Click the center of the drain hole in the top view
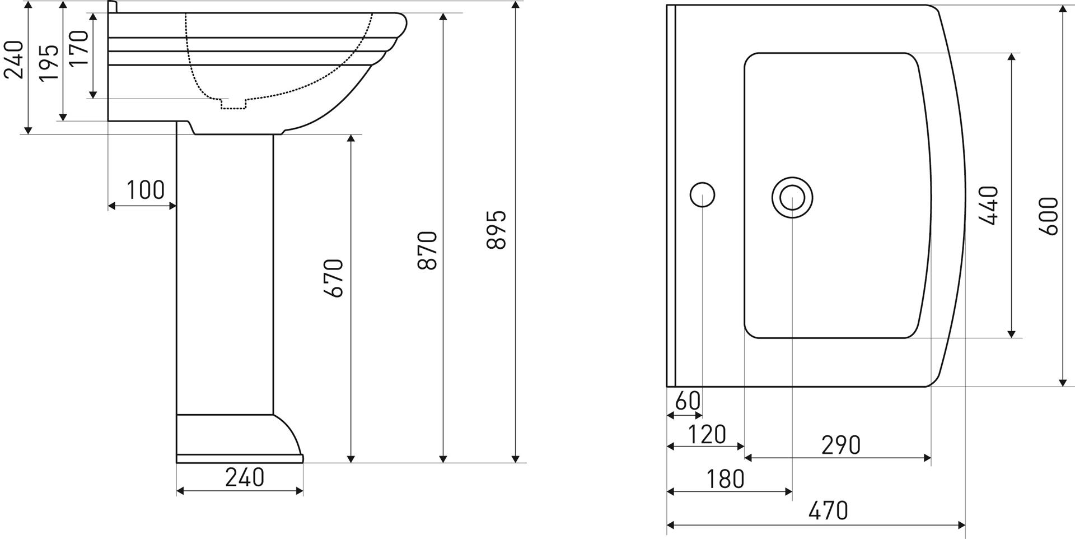792,197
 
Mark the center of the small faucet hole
702,195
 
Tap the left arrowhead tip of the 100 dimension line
108,206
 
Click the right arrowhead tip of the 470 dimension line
965,525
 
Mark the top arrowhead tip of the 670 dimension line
351,135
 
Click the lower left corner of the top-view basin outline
667,387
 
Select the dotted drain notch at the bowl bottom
233,104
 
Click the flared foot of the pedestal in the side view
240,438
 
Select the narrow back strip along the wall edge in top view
671,196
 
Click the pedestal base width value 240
245,477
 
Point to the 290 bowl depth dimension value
841,445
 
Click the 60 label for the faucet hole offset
688,401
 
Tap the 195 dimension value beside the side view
49,62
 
